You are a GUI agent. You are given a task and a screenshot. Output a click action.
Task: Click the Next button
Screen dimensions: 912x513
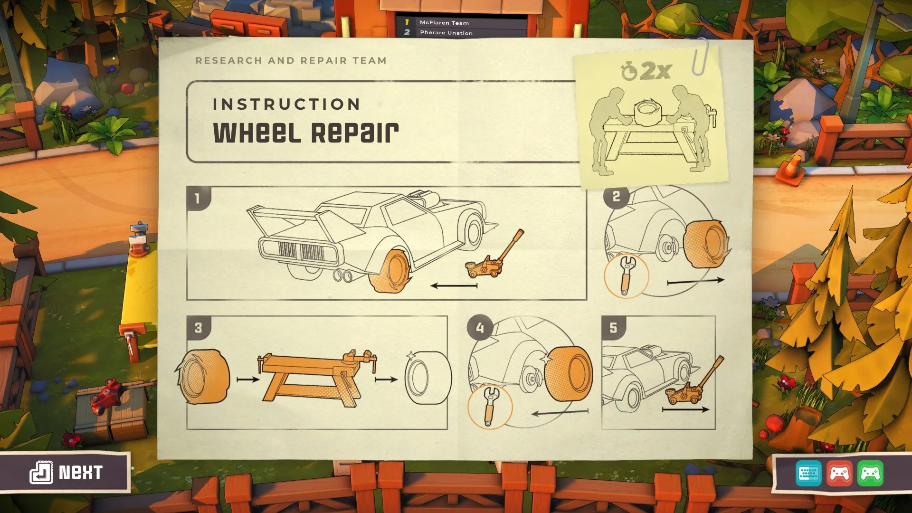point(66,472)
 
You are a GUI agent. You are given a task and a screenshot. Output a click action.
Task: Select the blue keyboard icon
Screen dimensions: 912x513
point(808,473)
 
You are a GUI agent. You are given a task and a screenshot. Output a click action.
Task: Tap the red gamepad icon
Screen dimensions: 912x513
point(839,473)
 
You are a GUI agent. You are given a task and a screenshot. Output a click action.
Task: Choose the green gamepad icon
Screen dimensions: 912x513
point(870,473)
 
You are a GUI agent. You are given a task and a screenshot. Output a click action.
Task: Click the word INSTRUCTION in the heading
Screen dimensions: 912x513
point(286,104)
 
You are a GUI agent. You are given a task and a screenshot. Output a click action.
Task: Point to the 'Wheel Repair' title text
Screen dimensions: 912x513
point(306,133)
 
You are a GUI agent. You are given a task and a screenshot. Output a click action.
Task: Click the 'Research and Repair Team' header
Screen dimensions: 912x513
point(291,61)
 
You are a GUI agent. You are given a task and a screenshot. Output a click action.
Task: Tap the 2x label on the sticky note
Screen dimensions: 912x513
point(655,71)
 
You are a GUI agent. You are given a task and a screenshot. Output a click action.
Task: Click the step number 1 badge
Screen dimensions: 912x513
point(198,198)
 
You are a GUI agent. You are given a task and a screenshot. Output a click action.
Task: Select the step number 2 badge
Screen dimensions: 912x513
point(616,196)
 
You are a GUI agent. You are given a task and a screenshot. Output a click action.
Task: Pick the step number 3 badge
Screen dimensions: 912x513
point(198,328)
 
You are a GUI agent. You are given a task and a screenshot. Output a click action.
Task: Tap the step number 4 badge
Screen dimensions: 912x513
point(480,328)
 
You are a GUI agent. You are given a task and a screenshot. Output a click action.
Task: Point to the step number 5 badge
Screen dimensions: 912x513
point(613,328)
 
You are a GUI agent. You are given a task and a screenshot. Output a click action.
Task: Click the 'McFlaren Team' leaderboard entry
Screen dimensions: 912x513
point(444,23)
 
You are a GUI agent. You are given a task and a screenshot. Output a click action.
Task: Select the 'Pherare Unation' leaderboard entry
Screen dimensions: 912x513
point(446,33)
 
